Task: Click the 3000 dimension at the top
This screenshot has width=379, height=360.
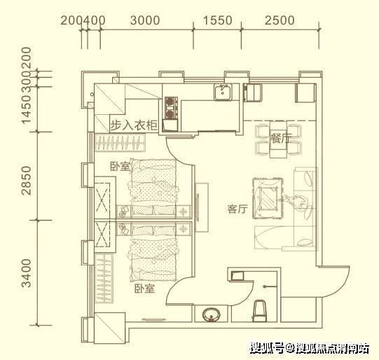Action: click(x=145, y=20)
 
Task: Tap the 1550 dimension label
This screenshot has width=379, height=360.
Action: click(x=218, y=20)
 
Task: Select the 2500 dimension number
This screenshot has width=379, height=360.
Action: click(x=280, y=20)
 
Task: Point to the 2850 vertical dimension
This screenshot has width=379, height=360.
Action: click(x=27, y=180)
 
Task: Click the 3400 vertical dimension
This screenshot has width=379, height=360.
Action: click(x=27, y=273)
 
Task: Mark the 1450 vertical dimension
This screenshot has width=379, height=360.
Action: click(x=27, y=109)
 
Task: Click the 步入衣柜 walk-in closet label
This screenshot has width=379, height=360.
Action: click(x=134, y=125)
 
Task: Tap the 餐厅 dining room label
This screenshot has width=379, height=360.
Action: click(x=281, y=138)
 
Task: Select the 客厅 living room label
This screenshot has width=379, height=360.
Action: click(x=237, y=209)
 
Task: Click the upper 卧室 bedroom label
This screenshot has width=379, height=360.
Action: click(x=120, y=167)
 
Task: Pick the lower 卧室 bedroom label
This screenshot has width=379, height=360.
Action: click(x=145, y=289)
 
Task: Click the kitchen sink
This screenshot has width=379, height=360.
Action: click(x=223, y=92)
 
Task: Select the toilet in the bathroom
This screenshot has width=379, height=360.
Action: click(x=259, y=311)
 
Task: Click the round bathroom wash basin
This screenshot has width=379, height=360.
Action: click(x=212, y=314)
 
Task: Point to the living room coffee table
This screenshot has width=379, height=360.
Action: click(x=268, y=198)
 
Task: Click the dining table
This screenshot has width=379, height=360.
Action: click(x=278, y=139)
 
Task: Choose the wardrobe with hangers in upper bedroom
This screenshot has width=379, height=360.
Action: click(x=120, y=143)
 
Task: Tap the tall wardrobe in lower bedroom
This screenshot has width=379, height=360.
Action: click(x=104, y=278)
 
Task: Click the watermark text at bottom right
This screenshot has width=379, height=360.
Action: click(x=310, y=348)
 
